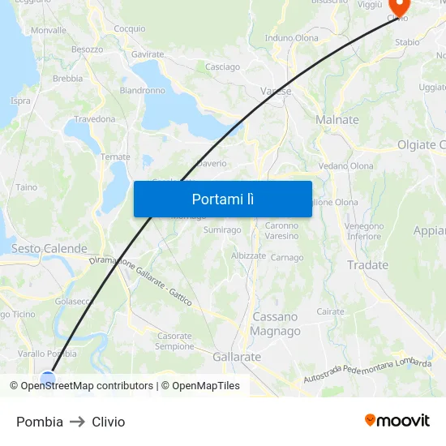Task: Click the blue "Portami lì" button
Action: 222,199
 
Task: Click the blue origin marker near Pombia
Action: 48,378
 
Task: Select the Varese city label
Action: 276,92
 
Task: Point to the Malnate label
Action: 337,120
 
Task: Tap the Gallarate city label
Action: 237,357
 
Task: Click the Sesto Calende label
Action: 49,249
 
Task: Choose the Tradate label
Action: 367,265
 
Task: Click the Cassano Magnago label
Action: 276,324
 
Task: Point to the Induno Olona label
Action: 292,38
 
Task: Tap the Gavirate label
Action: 148,54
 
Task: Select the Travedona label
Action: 95,119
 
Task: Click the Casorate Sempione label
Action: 174,341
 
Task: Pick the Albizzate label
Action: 248,255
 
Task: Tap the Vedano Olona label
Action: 345,166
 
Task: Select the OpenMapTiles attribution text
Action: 206,386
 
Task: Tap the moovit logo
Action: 397,420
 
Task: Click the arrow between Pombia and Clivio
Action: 78,422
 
